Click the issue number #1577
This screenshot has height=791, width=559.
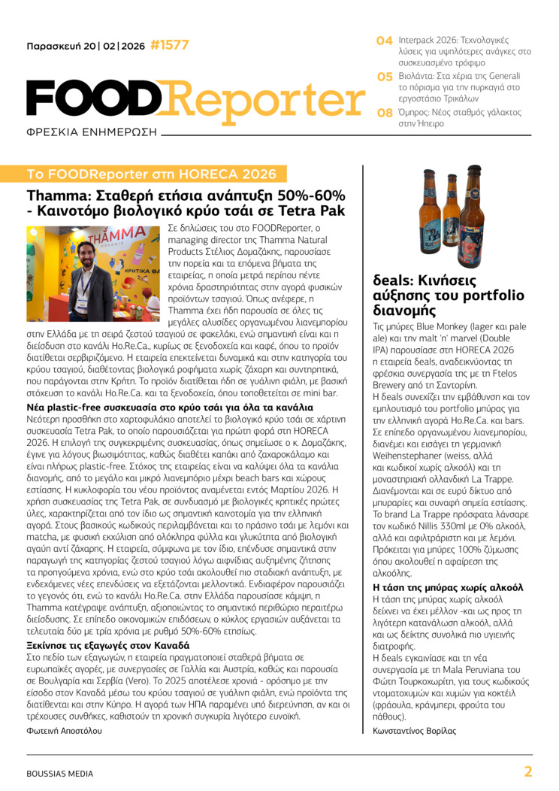tap(170, 45)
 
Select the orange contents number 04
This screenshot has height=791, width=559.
tap(384, 40)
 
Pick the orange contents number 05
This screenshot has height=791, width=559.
tap(385, 77)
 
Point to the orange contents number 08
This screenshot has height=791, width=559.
tap(385, 113)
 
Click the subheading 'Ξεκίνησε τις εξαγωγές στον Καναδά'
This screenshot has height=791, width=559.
tap(108, 645)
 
